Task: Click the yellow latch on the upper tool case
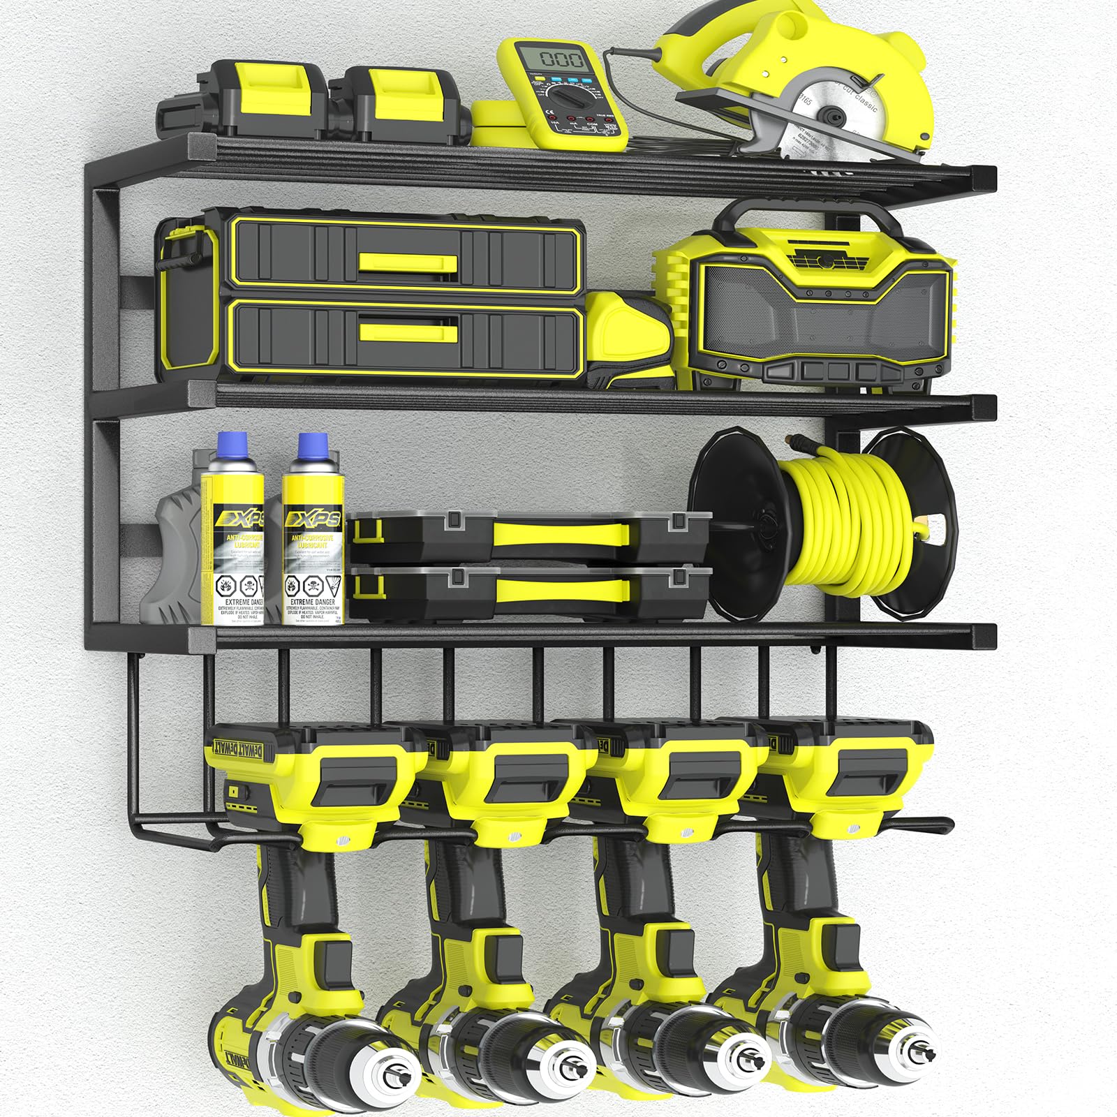(408, 263)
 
